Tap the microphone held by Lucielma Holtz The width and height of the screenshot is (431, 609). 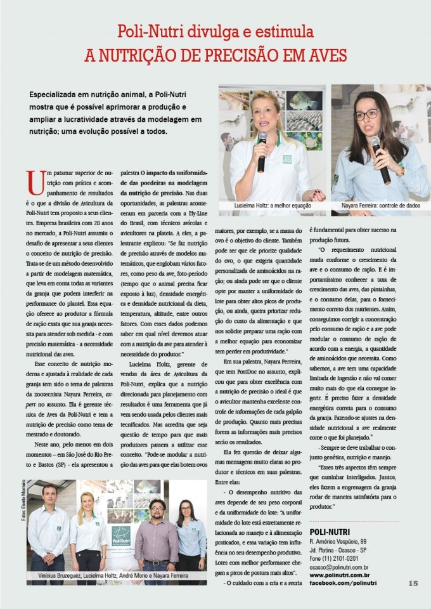pyautogui.click(x=262, y=152)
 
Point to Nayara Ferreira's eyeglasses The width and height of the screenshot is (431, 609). pyautogui.click(x=366, y=115)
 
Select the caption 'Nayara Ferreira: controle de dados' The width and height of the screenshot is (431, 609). pyautogui.click(x=380, y=206)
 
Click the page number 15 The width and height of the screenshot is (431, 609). pyautogui.click(x=413, y=583)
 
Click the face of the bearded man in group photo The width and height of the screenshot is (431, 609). pyautogui.click(x=155, y=507)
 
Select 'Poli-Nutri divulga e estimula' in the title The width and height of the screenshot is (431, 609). pyautogui.click(x=215, y=31)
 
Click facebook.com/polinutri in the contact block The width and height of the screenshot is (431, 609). pyautogui.click(x=343, y=582)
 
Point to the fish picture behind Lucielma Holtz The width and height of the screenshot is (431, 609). pyautogui.click(x=303, y=101)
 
